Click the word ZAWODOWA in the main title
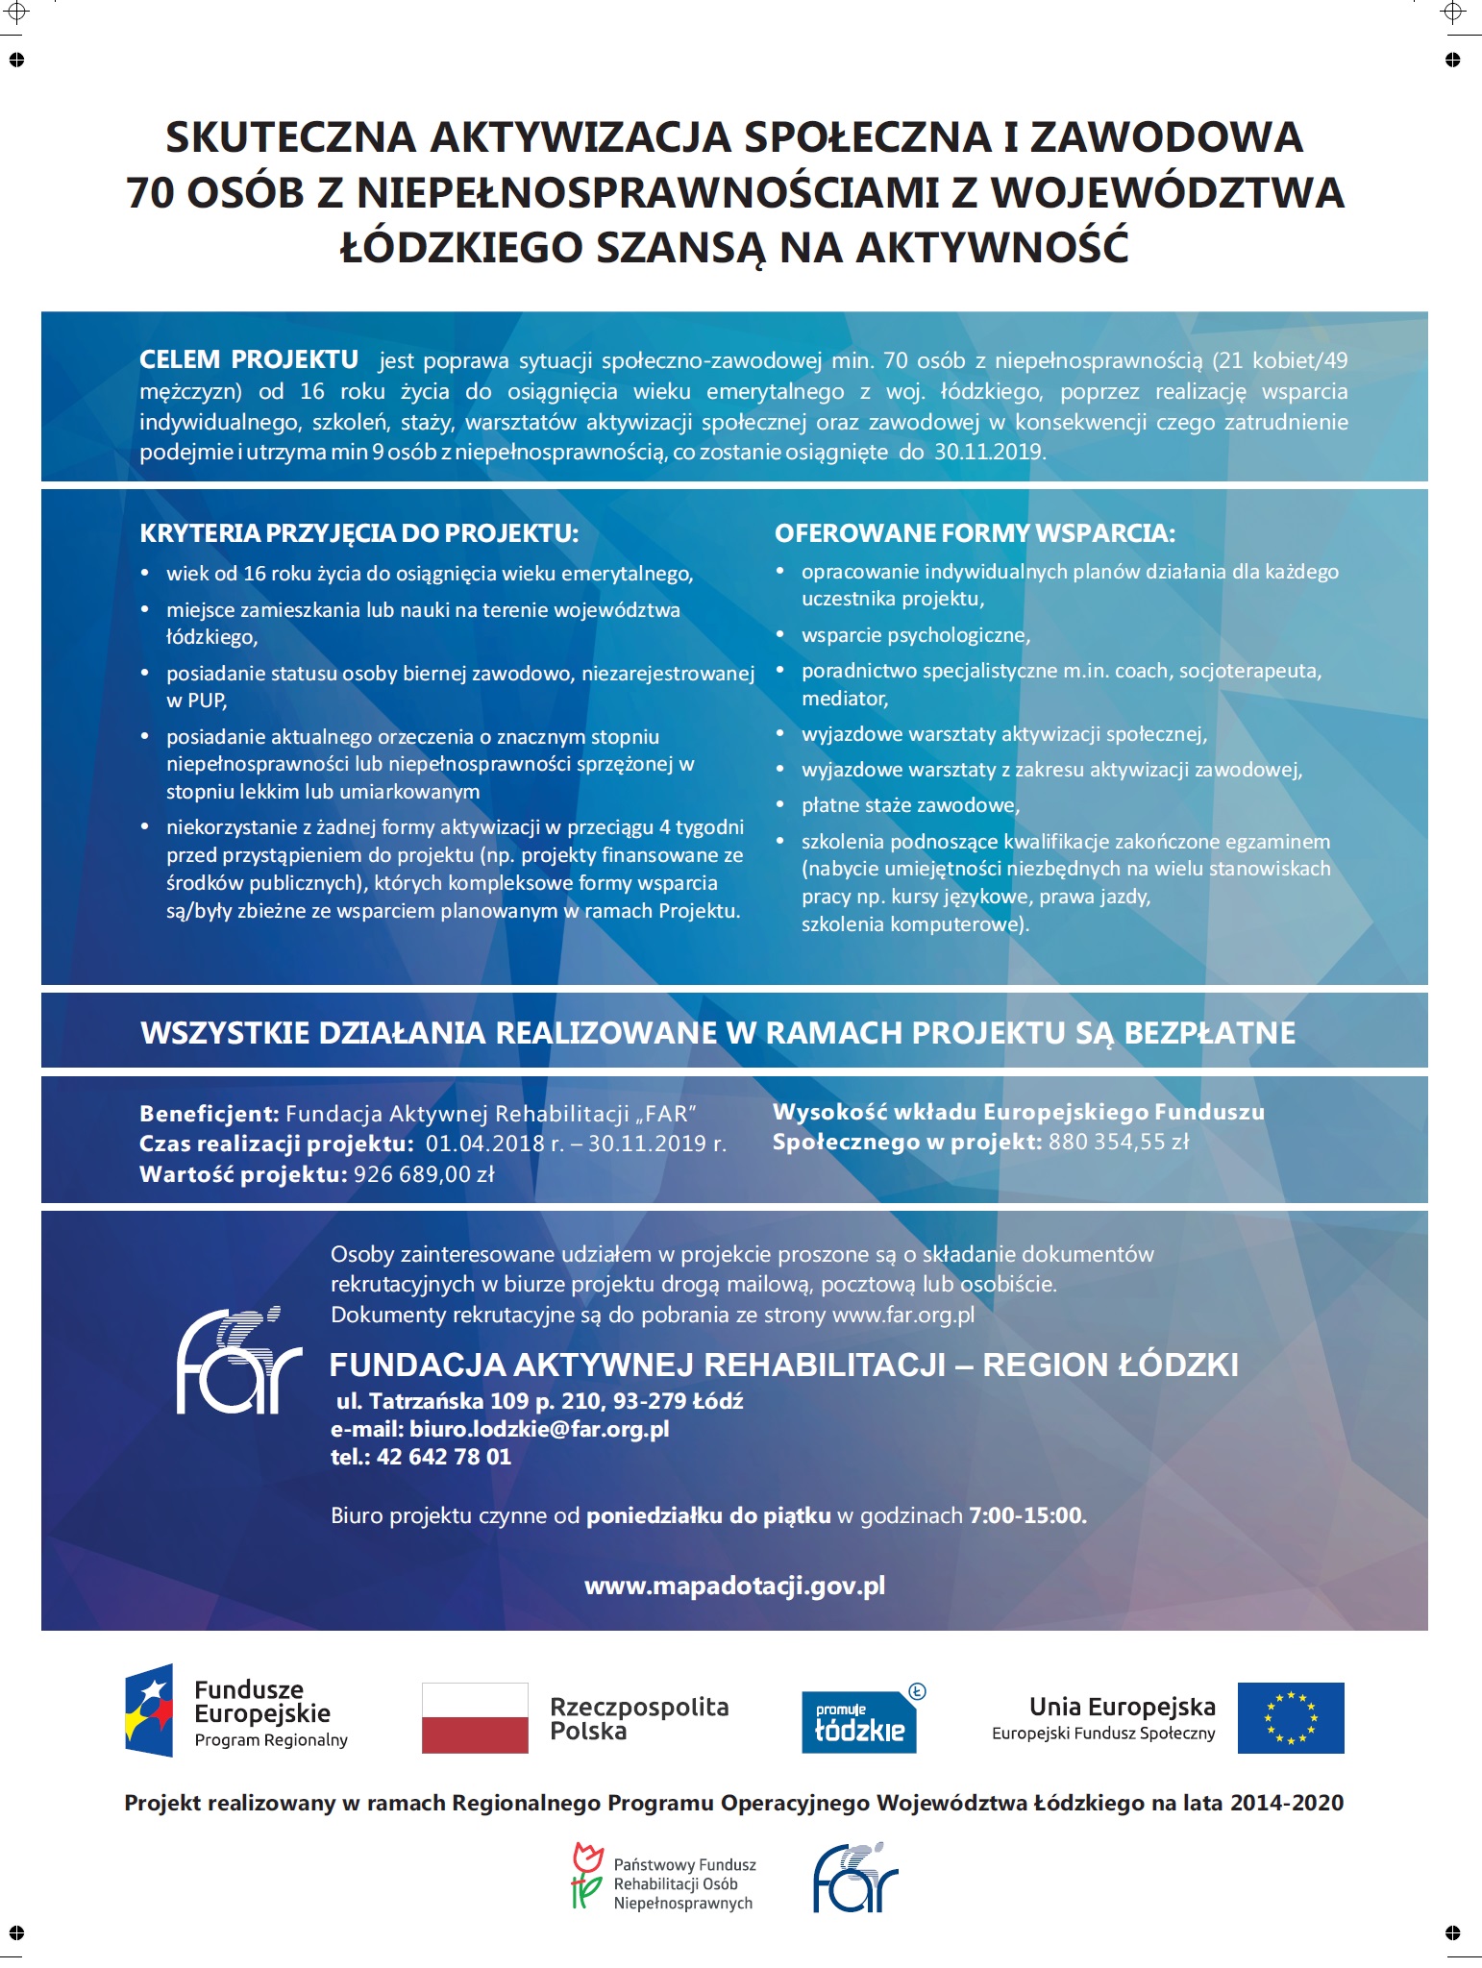point(1166,137)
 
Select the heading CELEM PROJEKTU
point(249,360)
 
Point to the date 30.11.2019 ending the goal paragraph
point(989,453)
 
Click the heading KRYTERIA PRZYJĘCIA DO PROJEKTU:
point(359,533)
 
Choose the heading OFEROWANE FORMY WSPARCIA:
point(975,533)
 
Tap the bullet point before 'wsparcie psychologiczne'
point(781,635)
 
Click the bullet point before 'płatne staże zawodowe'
point(781,805)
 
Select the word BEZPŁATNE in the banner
point(1209,1033)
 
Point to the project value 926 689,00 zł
point(424,1174)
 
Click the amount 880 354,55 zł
point(1119,1142)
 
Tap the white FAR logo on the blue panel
point(238,1360)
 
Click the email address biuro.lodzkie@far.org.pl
point(539,1429)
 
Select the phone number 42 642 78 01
point(444,1457)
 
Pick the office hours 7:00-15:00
point(1027,1515)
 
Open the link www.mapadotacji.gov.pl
point(734,1587)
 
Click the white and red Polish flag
point(475,1717)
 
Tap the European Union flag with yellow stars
point(1290,1717)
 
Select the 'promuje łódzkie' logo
point(860,1721)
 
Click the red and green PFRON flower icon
point(586,1875)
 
